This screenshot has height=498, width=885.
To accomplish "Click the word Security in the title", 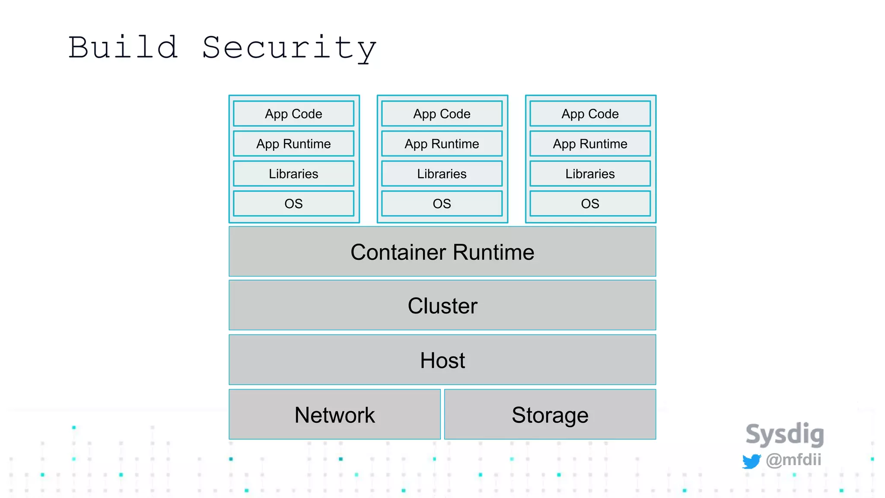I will (x=289, y=48).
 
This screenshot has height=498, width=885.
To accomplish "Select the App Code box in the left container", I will (x=293, y=114).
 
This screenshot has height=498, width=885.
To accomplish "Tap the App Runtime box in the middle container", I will (x=442, y=144).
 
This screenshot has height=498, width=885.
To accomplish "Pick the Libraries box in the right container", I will (x=590, y=174).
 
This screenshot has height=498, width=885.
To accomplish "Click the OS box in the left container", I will (x=293, y=204).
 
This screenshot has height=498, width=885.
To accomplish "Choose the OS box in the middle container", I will (x=442, y=204).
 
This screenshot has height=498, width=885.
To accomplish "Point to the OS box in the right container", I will (x=590, y=204).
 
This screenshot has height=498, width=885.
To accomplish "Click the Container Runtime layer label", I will (x=442, y=252).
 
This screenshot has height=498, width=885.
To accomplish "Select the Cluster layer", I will (x=442, y=306).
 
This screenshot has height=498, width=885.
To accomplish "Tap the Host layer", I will (x=442, y=360).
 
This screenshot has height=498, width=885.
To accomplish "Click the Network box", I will (x=334, y=415).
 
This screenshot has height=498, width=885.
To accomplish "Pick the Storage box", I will (x=550, y=415).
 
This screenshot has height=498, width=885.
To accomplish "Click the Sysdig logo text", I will (x=785, y=434).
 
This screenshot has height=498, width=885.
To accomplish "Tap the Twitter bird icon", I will (x=751, y=461).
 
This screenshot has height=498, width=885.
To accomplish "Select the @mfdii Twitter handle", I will (x=793, y=460).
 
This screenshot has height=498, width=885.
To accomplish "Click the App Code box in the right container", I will (x=590, y=114).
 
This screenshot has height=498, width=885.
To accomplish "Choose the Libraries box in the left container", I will (x=293, y=174).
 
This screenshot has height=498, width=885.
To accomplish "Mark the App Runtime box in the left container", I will (x=293, y=144).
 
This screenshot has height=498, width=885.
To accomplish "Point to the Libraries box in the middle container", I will (x=442, y=174).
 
